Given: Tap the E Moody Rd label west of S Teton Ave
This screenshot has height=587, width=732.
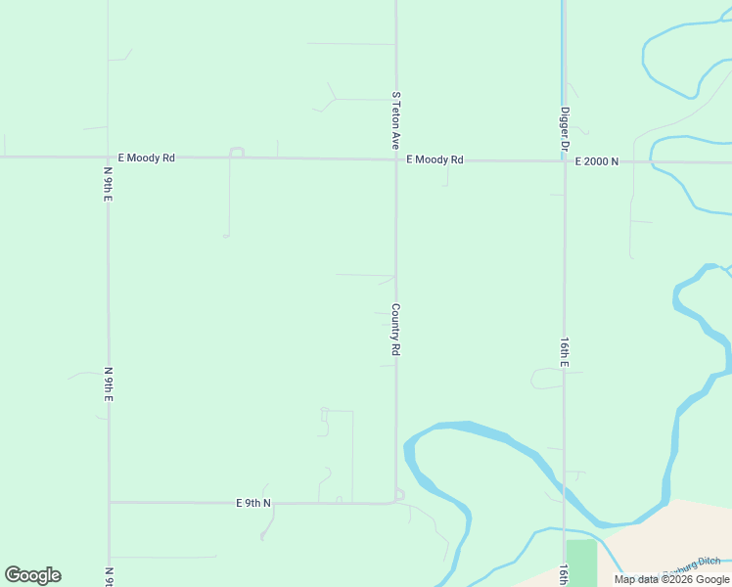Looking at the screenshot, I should click(146, 158).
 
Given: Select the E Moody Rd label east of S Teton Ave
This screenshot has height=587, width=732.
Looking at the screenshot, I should click(435, 159).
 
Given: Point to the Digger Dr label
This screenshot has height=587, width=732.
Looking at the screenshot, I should click(565, 128).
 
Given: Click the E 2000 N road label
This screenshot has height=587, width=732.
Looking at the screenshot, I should click(597, 160).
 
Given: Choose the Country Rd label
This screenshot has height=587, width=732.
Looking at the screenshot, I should click(396, 329).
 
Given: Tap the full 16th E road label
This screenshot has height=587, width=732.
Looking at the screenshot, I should click(565, 352).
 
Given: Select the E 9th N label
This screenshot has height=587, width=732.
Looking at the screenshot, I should click(253, 503).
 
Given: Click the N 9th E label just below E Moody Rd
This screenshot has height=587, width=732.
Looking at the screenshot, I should click(109, 184).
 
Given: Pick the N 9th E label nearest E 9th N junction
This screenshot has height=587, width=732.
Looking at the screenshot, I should click(109, 385).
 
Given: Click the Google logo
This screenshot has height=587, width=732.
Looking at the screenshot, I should click(32, 575).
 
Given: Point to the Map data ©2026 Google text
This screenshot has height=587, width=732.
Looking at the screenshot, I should click(672, 579).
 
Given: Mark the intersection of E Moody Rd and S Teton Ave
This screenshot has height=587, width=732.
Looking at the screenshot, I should click(396, 158).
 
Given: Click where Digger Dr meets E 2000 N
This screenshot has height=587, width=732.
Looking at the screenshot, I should click(565, 160).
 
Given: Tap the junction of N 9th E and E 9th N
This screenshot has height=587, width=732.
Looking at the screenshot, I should click(109, 503).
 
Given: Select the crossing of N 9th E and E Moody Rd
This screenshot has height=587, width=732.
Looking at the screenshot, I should click(109, 157).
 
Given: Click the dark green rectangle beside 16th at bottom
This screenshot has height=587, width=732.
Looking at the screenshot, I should click(581, 562).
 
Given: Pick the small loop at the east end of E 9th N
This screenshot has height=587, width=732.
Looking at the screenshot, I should click(399, 495).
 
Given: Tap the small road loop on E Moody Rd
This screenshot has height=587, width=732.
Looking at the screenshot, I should click(236, 152).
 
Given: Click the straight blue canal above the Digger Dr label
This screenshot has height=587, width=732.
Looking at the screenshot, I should click(563, 49).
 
